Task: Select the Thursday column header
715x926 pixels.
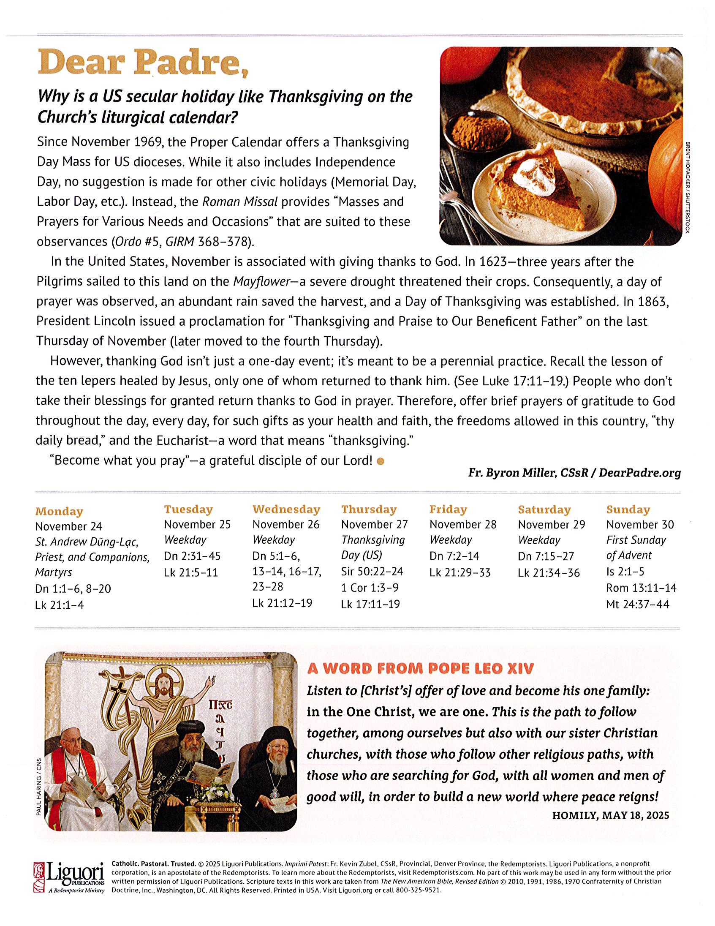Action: (369, 509)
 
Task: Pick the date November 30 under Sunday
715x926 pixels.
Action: (639, 525)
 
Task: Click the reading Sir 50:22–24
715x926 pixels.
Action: (372, 572)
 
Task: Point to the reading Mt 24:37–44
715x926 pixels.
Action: (637, 604)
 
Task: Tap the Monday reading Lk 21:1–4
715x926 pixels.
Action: (59, 605)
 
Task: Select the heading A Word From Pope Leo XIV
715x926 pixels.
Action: (420, 669)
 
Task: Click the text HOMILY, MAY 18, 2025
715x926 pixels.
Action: (610, 815)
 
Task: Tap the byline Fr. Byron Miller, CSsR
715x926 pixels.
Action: (528, 473)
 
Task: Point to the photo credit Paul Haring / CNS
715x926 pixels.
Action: (39, 787)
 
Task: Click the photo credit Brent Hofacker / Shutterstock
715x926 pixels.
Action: (688, 187)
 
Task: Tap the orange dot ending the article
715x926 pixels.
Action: (380, 461)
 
